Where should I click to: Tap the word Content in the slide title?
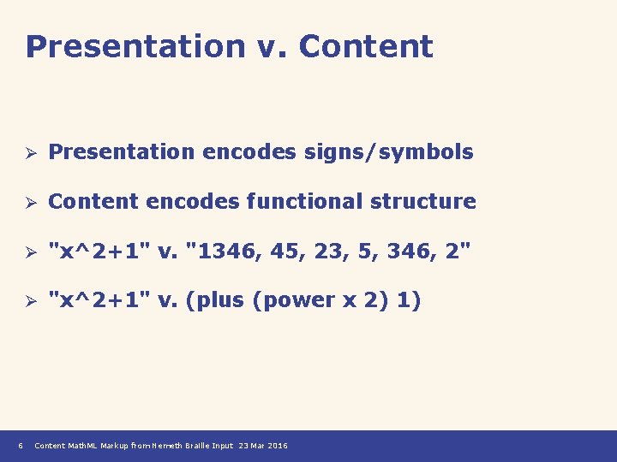tap(366, 46)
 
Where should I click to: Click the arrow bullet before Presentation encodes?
tap(28, 153)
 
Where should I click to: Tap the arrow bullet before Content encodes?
tap(28, 203)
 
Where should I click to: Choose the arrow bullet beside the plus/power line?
tap(28, 301)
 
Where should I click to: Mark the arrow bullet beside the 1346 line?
tap(28, 252)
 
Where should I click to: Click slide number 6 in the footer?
tap(20, 446)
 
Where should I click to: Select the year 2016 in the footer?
tap(278, 446)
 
